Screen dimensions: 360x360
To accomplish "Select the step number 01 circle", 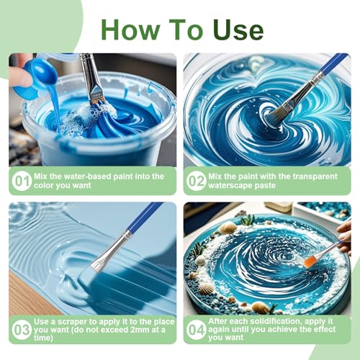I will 21,181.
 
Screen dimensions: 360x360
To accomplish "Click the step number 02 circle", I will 197,181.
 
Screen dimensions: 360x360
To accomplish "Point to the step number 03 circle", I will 21,330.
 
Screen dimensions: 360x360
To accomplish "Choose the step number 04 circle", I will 197,330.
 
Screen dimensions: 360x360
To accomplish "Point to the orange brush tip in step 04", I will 311,261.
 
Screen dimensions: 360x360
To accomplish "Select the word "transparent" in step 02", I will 312,176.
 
